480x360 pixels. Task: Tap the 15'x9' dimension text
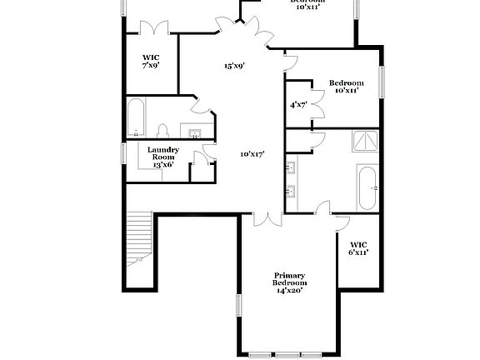233,66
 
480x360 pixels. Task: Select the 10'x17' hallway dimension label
252,154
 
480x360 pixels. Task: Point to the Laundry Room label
162,157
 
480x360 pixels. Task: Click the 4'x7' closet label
298,105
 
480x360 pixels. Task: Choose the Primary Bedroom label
289,282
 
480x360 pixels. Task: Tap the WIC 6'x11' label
358,247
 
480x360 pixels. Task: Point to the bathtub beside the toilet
137,118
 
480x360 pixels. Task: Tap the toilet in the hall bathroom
163,131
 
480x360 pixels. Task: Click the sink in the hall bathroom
195,132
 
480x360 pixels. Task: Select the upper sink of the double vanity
291,167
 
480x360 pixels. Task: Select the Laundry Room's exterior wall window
122,153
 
